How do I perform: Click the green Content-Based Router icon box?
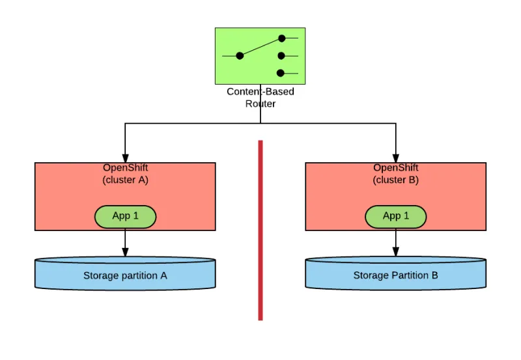260,56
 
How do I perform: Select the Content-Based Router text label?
260,97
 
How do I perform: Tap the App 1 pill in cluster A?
126,216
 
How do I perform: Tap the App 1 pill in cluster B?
396,216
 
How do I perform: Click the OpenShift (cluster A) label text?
126,174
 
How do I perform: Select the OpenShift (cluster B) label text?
396,174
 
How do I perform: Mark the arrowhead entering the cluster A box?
125,158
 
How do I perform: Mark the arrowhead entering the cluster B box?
396,158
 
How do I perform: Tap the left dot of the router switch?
240,56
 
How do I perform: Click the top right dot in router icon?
281,38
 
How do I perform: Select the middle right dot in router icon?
281,56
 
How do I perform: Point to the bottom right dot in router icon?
281,73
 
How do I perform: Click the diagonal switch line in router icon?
260,47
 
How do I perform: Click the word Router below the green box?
260,104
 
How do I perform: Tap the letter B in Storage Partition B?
434,275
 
